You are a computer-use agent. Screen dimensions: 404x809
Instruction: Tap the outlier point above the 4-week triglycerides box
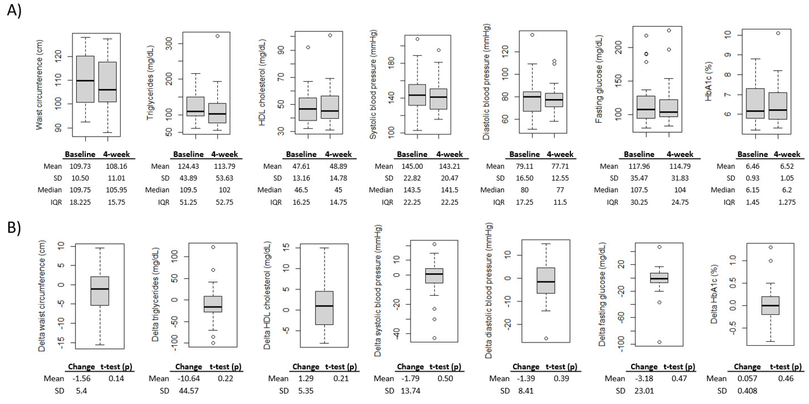(217, 36)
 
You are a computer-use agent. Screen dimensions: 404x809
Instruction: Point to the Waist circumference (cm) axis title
(39, 85)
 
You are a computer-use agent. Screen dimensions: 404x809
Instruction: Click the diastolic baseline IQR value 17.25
(525, 202)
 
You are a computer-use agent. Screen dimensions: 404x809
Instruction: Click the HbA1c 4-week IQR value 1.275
(787, 202)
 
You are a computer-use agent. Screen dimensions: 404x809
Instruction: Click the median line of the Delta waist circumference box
(100, 289)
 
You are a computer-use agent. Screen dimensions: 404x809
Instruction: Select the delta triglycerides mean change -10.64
(189, 379)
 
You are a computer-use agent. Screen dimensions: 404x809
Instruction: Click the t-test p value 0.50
(445, 379)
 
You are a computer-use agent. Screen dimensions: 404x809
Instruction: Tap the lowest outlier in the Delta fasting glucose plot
(659, 342)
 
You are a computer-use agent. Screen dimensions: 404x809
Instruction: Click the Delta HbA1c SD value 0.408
(747, 391)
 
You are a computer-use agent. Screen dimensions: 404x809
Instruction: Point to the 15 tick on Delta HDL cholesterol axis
(286, 248)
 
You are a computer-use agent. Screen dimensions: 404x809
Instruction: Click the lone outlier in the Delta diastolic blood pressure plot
(546, 338)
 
